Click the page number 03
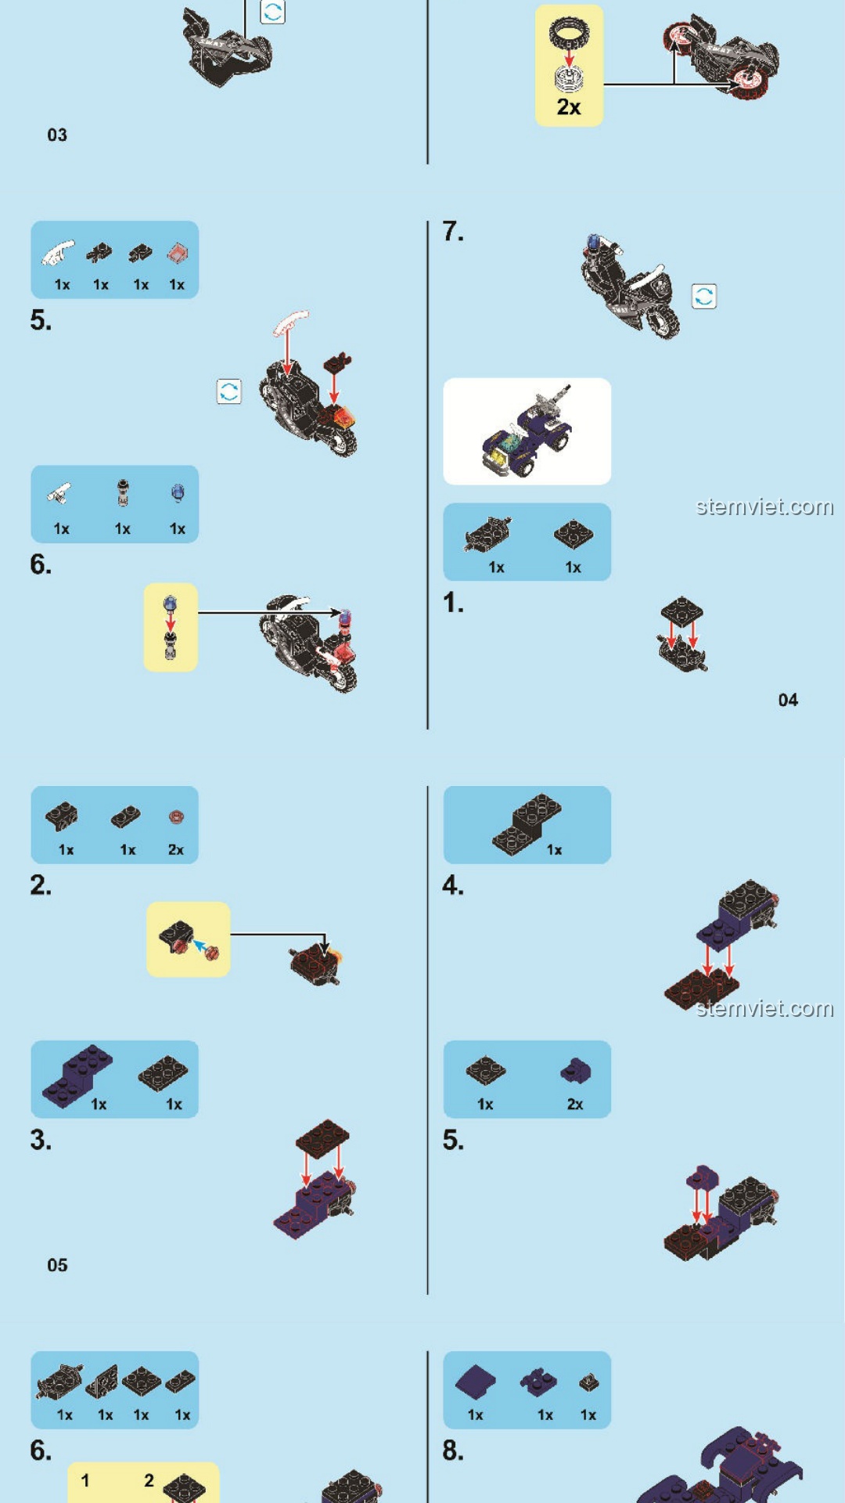pyautogui.click(x=57, y=135)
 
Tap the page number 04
pyautogui.click(x=788, y=700)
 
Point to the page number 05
pyautogui.click(x=57, y=1265)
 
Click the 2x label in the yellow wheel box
pyautogui.click(x=569, y=107)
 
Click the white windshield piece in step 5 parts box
pyautogui.click(x=59, y=254)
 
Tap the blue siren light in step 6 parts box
pyautogui.click(x=178, y=493)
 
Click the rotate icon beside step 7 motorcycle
pyautogui.click(x=704, y=297)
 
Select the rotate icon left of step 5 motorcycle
pyautogui.click(x=229, y=391)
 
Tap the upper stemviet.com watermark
pyautogui.click(x=764, y=507)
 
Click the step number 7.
pyautogui.click(x=453, y=232)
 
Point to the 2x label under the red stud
pyautogui.click(x=176, y=850)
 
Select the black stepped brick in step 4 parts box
pyautogui.click(x=527, y=824)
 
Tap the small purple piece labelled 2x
pyautogui.click(x=575, y=1070)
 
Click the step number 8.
pyautogui.click(x=453, y=1451)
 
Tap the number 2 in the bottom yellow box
pyautogui.click(x=149, y=1480)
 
